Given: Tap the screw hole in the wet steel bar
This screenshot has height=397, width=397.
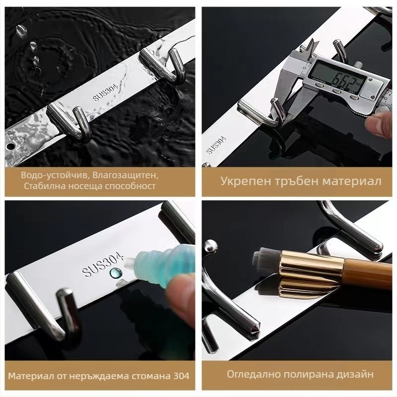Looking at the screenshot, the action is [x=10, y=146].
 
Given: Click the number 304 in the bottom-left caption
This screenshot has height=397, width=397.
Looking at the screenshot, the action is [x=181, y=376].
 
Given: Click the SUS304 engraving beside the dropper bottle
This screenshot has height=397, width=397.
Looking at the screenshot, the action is [x=103, y=265].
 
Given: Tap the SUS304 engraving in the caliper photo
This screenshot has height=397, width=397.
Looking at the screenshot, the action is [x=216, y=145].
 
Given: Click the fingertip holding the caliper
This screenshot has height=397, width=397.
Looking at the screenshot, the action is [x=379, y=123].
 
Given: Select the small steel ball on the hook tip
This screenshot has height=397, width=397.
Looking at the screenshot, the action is [x=210, y=246].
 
